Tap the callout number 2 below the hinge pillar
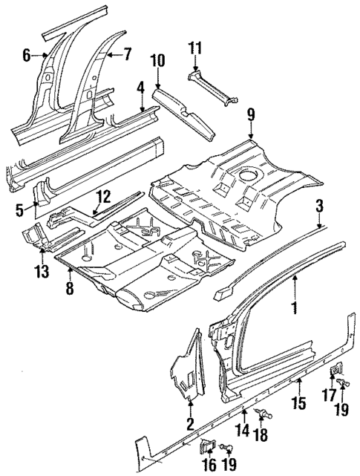pyautogui.click(x=191, y=426)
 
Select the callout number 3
pyautogui.click(x=319, y=206)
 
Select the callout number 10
pyautogui.click(x=159, y=60)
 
